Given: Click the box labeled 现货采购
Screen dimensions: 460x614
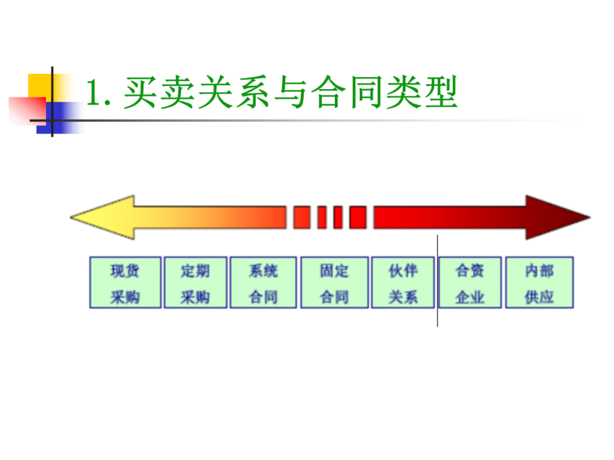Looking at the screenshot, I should click(x=125, y=283).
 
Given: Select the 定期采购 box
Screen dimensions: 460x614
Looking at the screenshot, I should click(x=195, y=283).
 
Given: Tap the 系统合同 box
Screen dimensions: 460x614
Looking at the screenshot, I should click(x=263, y=283).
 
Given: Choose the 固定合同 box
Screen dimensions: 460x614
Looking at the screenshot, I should click(x=334, y=283).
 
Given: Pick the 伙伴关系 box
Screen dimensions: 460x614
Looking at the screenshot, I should click(x=404, y=283).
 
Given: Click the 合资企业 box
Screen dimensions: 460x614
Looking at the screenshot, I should click(x=470, y=283).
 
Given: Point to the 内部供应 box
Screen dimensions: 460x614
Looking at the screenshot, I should click(x=539, y=283).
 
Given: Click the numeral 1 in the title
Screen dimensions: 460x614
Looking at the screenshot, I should click(x=94, y=93).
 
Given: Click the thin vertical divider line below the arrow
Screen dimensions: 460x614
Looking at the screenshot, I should click(x=437, y=318).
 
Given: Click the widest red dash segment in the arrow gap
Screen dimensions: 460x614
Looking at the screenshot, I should click(x=301, y=218).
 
